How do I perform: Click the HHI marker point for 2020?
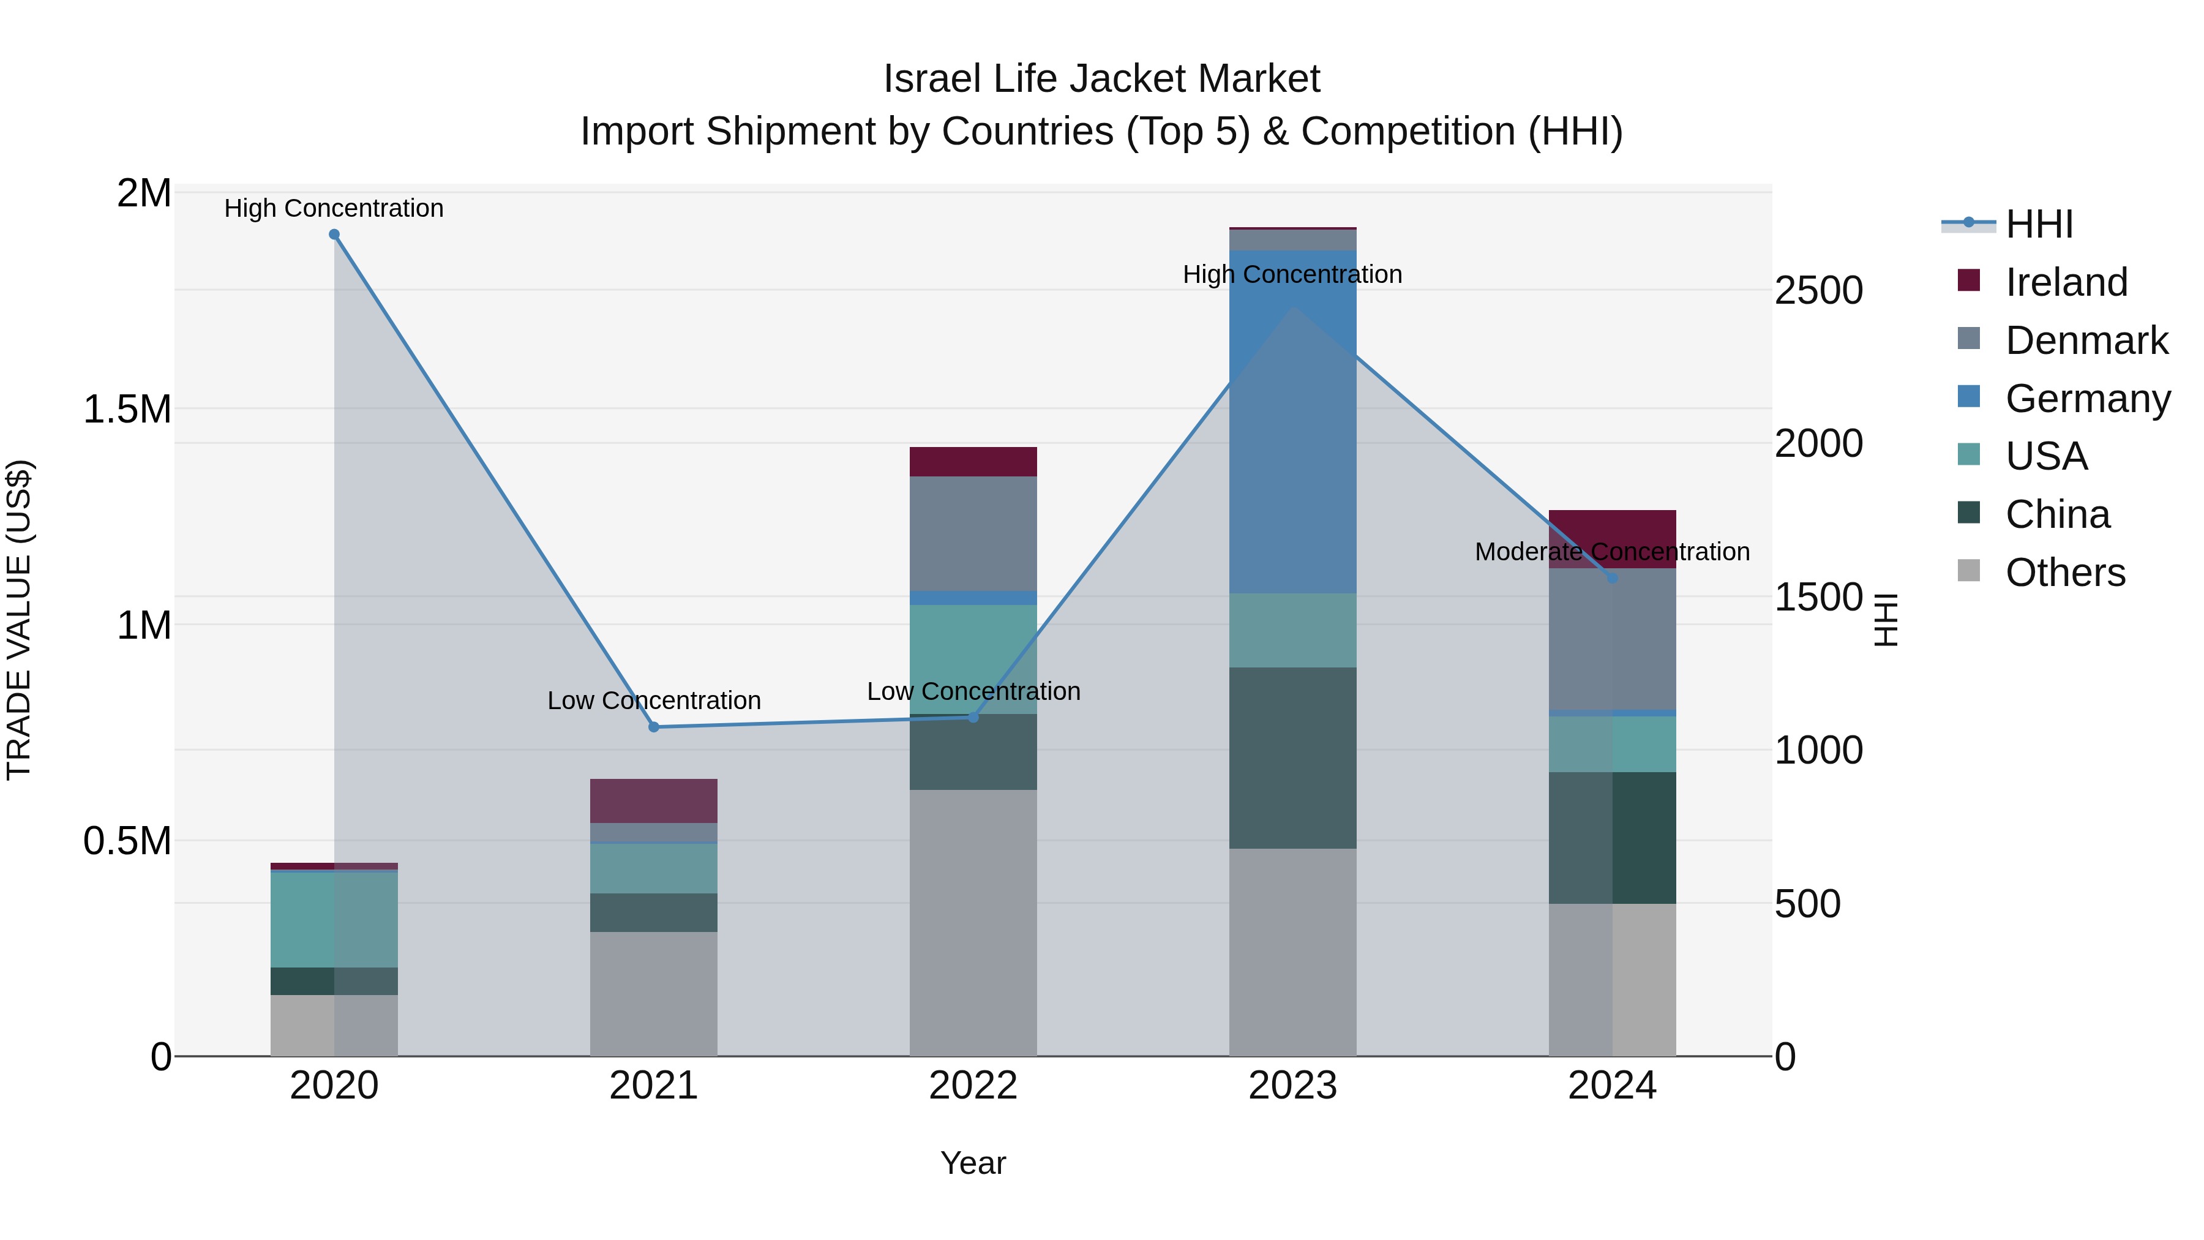[x=334, y=235]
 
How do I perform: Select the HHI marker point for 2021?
[x=654, y=727]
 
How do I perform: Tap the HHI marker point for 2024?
[x=1612, y=579]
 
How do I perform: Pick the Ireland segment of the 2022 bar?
[x=973, y=461]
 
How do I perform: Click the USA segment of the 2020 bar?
[x=334, y=920]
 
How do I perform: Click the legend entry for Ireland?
[x=2066, y=282]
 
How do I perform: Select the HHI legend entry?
[x=2038, y=224]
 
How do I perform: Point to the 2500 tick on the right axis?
[x=1818, y=291]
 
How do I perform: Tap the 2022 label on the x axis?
[x=973, y=1086]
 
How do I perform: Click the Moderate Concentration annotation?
[x=1612, y=552]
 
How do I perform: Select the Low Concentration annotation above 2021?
[x=654, y=701]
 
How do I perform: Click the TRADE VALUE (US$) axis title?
[x=19, y=620]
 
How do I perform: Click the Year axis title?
[x=973, y=1163]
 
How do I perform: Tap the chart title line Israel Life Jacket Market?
[x=1101, y=79]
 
